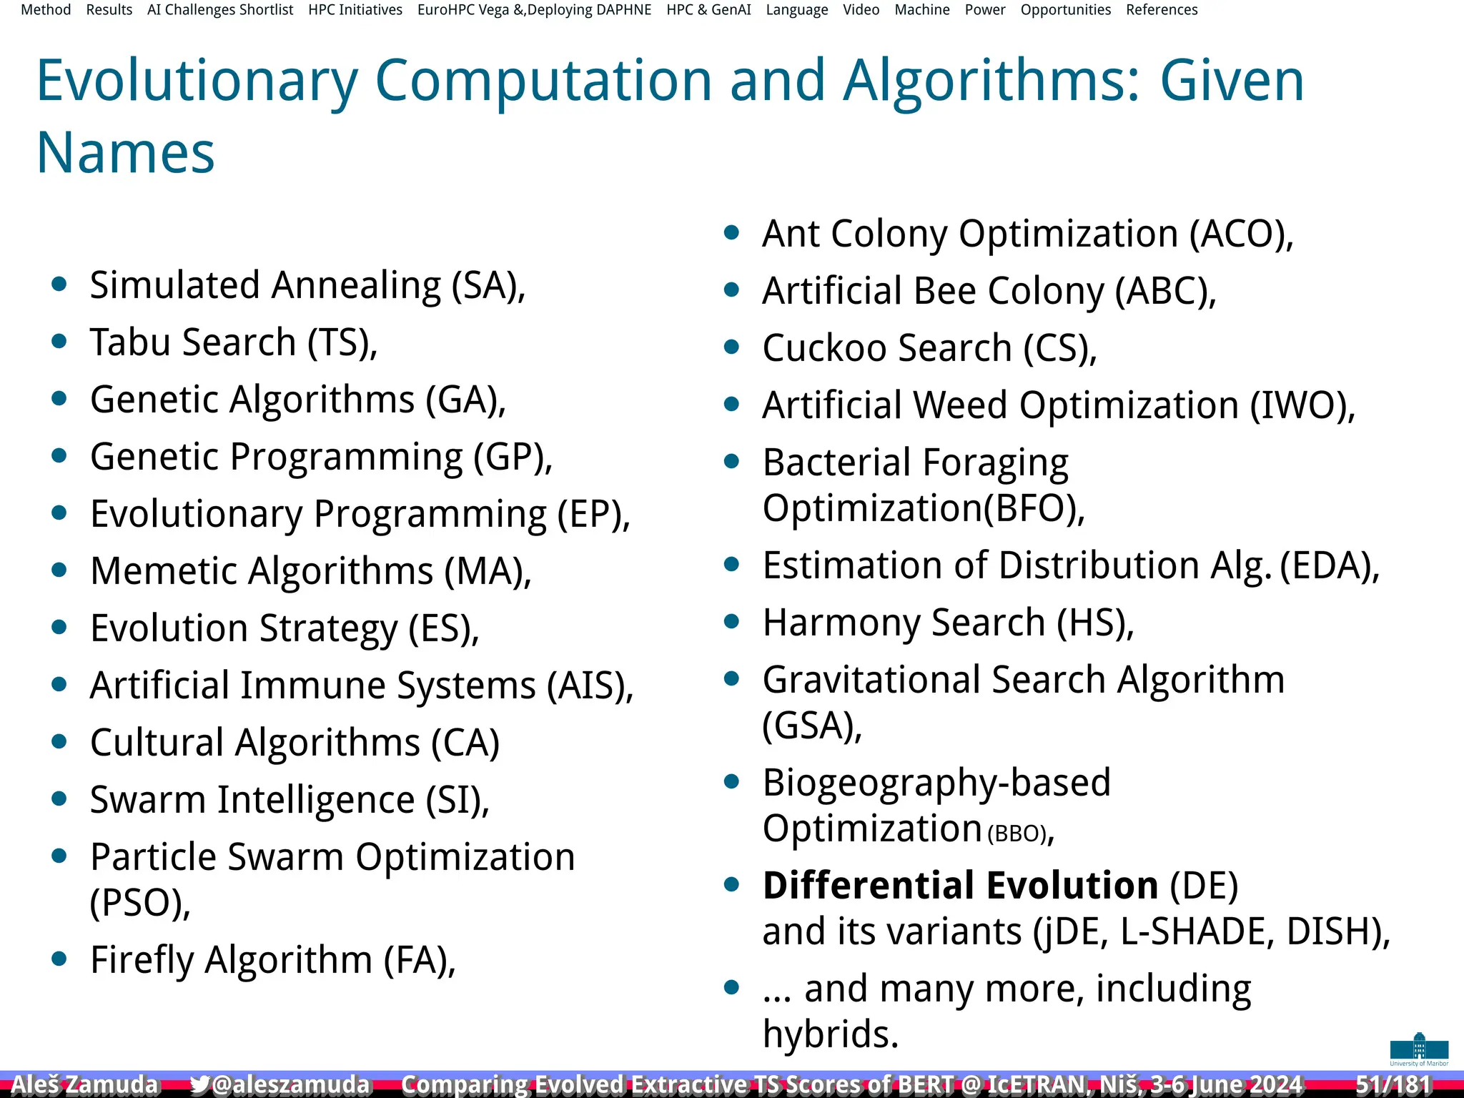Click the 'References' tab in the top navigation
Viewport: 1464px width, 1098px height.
(1162, 10)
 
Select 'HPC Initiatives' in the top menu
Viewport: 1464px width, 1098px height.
(355, 10)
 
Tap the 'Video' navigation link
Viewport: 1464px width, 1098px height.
(861, 10)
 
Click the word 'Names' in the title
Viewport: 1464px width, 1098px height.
(125, 153)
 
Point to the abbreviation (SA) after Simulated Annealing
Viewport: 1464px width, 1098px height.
(488, 286)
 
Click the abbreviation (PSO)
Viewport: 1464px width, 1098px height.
(139, 903)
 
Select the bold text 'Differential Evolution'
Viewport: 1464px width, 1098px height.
(960, 886)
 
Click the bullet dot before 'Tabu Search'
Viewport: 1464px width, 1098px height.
(59, 342)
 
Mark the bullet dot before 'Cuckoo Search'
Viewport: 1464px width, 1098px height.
(731, 347)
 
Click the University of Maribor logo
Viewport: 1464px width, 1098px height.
(1419, 1049)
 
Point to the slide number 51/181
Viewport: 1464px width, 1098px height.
(1393, 1084)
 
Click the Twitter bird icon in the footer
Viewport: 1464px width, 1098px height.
(199, 1084)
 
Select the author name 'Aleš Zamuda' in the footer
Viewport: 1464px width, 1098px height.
(84, 1084)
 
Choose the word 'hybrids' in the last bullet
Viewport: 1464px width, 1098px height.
(829, 1034)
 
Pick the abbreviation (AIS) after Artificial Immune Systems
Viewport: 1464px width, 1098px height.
(590, 686)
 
